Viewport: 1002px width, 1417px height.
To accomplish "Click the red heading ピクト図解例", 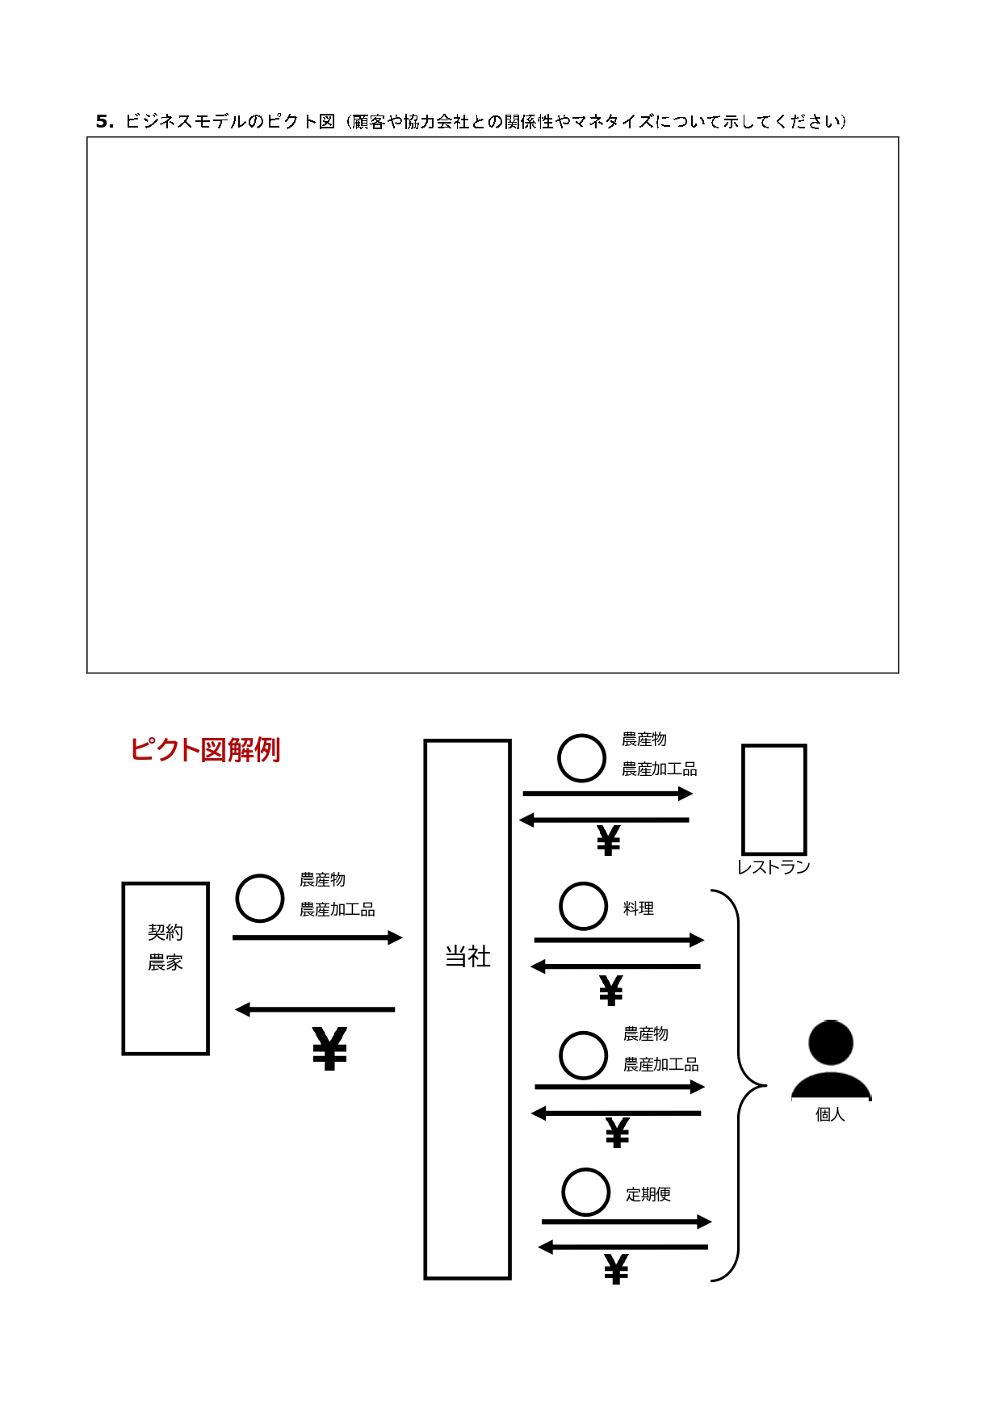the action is pos(205,749).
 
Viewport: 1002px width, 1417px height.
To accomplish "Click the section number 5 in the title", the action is pos(102,121).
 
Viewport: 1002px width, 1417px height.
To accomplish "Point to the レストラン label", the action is pos(774,867).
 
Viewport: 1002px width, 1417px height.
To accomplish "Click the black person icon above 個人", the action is pos(831,1059).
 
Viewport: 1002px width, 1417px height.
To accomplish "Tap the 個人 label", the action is pos(830,1114).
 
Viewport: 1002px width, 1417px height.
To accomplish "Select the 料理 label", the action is pos(638,908).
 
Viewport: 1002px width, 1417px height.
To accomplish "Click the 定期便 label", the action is pos(648,1194).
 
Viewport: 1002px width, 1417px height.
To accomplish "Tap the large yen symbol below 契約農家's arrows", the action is pos(329,1049).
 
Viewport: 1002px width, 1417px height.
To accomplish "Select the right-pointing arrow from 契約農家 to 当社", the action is pos(317,937).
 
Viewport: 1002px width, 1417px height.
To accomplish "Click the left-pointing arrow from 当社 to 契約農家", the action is pos(315,1009).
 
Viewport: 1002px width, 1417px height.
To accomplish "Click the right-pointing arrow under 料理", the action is pos(619,940).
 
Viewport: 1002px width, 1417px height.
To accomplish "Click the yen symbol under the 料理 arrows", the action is pos(611,991).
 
